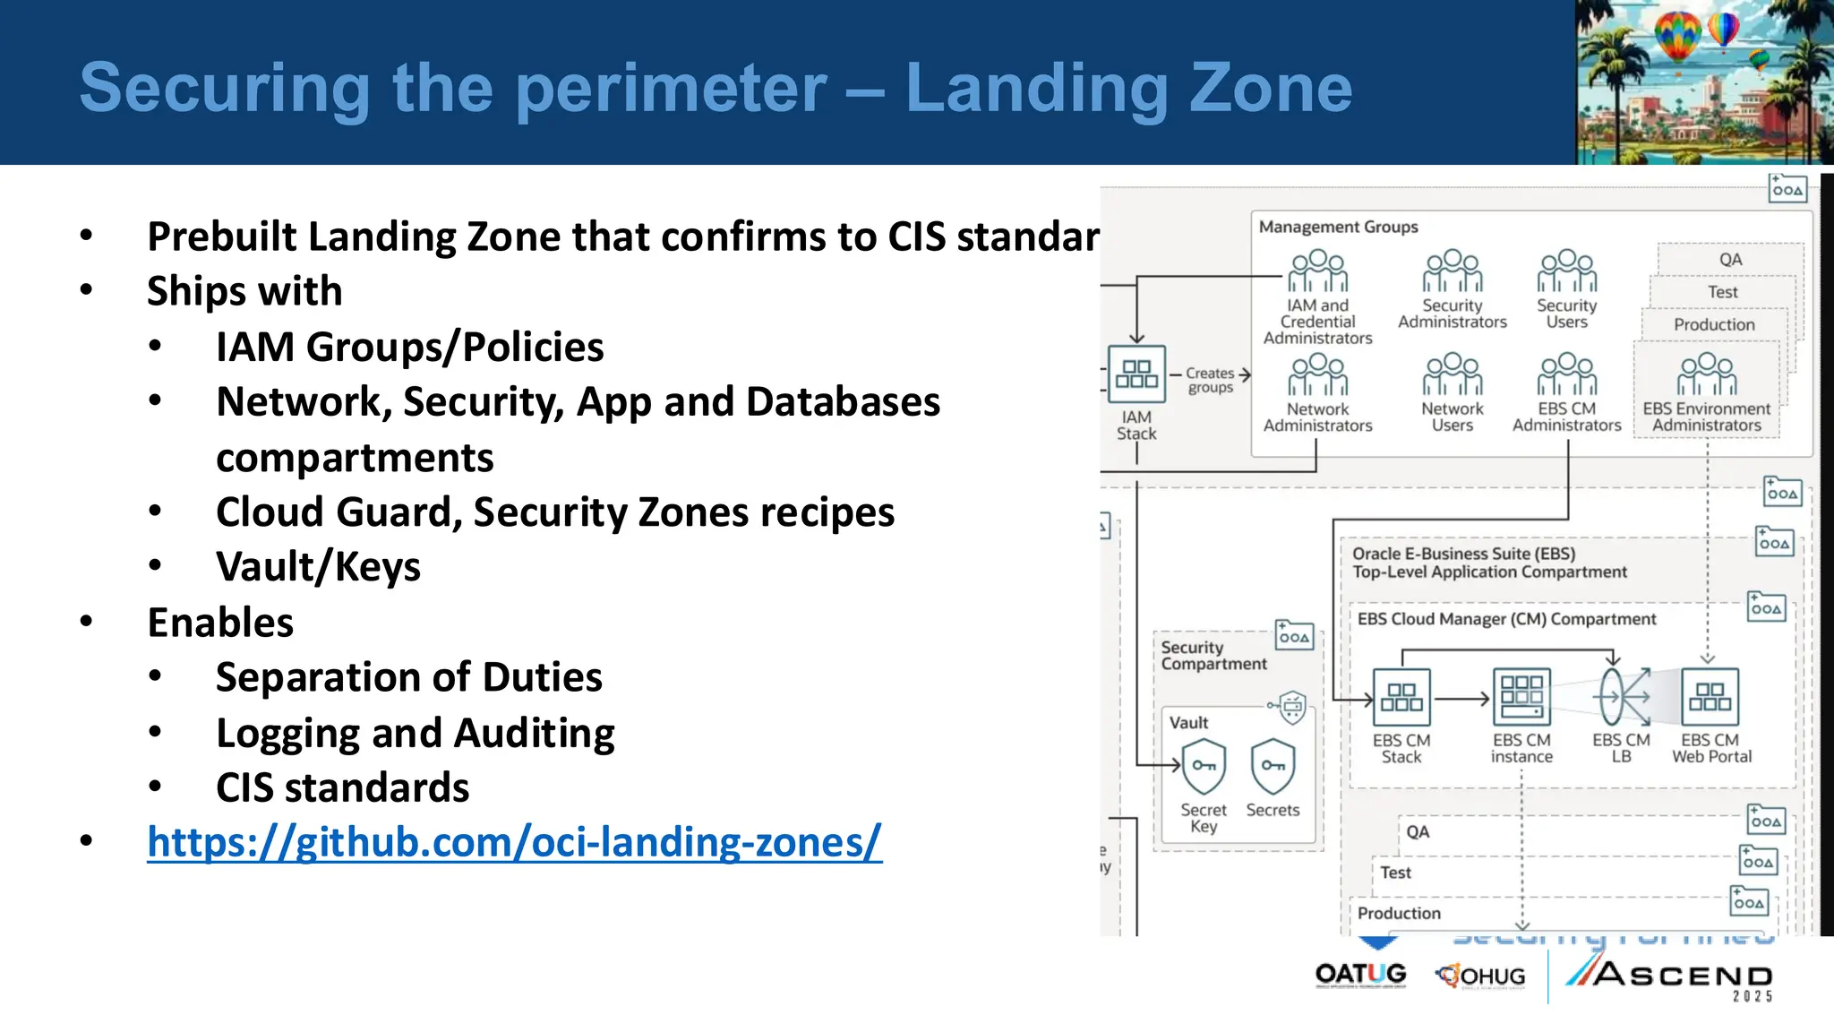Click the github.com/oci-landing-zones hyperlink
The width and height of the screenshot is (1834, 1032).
514,843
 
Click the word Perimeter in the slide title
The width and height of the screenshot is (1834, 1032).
672,88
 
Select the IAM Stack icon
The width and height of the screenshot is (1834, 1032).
1136,374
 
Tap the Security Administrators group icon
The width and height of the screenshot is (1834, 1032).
1452,271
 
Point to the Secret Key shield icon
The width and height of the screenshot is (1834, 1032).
1204,767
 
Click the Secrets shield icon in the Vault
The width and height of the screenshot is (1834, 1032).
1273,767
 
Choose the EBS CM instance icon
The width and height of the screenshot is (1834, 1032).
1521,697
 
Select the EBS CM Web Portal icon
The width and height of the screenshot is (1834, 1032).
1710,697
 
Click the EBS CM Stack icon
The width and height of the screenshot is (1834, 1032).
1401,697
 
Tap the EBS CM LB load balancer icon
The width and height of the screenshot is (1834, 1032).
1621,697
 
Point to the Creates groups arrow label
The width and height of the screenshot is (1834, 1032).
1211,380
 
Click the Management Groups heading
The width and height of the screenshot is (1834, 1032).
1338,228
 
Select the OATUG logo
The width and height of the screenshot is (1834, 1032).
1360,975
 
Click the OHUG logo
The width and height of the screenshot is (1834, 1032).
1480,976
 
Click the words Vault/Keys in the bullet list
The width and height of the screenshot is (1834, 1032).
318,567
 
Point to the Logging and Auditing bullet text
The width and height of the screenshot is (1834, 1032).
415,733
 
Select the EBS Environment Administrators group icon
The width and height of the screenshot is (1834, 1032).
1706,374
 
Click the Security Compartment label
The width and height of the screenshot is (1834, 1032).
1213,656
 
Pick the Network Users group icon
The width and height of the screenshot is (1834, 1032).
1452,374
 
